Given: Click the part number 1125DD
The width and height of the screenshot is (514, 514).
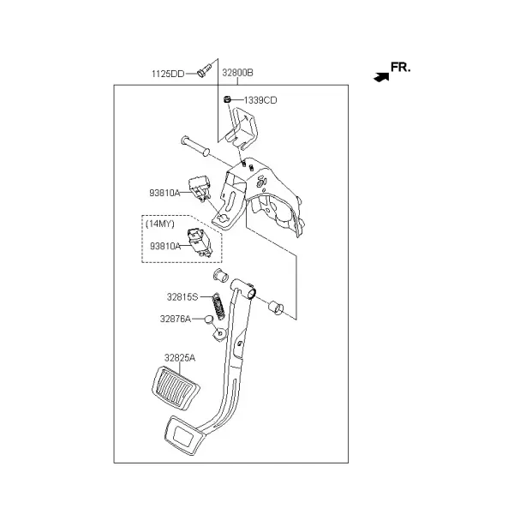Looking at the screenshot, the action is (168, 74).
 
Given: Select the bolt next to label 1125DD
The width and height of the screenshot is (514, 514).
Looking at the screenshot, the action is (205, 70).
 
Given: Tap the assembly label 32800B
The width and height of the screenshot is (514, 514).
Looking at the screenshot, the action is (237, 73).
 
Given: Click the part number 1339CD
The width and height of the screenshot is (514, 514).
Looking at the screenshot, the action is (260, 100).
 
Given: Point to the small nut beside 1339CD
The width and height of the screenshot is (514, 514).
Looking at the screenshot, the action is (227, 99).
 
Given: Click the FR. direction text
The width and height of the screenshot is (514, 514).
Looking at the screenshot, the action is (400, 67).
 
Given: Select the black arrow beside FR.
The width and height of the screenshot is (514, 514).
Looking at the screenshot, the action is (381, 77).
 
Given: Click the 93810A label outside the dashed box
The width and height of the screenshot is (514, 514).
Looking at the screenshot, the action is (164, 193).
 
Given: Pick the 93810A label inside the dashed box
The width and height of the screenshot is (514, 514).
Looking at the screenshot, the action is (165, 246).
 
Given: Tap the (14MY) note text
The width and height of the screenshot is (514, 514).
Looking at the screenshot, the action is (160, 224).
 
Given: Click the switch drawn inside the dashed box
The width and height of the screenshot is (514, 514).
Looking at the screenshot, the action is (200, 242).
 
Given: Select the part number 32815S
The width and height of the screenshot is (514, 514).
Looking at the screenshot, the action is (182, 297).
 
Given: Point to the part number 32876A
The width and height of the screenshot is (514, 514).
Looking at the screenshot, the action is (176, 319).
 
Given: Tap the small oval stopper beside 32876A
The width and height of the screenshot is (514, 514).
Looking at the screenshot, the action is (209, 319).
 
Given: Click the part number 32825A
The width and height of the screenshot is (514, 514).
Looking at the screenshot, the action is (180, 357).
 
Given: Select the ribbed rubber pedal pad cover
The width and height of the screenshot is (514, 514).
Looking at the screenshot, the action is (176, 388).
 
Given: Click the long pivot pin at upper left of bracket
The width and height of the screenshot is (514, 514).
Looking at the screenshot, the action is (195, 146).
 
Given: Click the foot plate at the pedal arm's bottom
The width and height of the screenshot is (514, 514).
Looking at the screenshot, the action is (184, 435).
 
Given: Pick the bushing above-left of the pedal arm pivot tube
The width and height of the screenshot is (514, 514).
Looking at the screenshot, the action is (221, 275).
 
